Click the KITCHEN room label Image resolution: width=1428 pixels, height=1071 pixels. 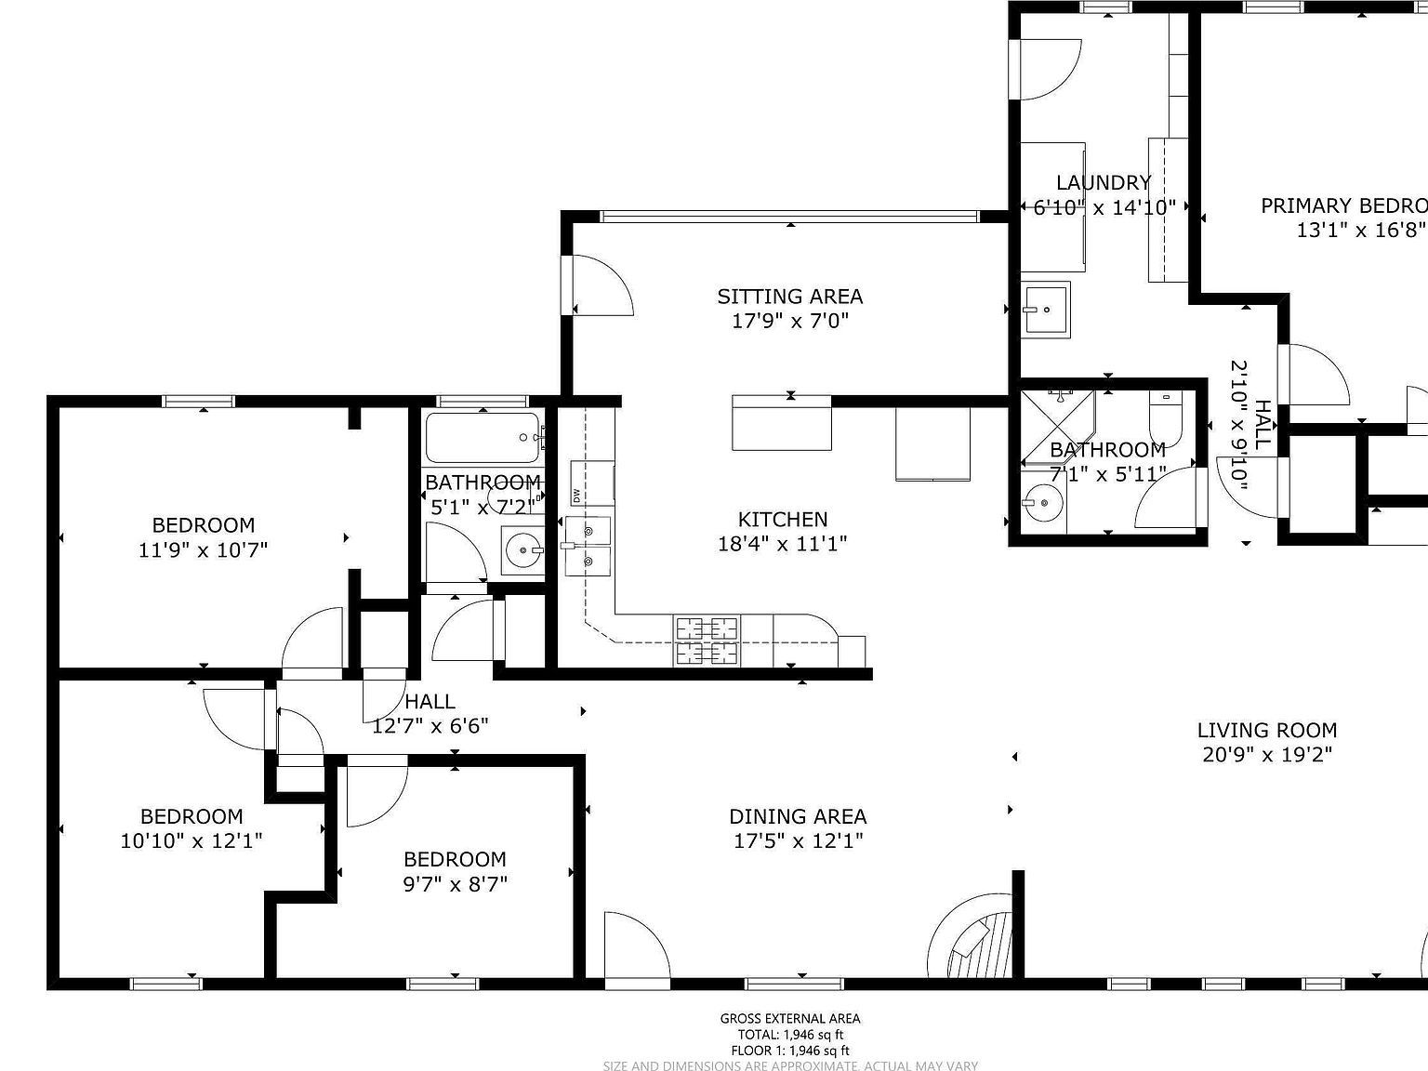(782, 520)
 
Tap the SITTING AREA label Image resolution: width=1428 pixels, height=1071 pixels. (789, 297)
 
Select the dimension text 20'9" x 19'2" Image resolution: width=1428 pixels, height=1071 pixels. (1266, 755)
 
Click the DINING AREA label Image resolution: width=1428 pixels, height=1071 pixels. (798, 816)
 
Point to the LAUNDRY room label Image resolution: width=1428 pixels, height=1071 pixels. (1104, 183)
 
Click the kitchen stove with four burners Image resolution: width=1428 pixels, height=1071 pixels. (707, 641)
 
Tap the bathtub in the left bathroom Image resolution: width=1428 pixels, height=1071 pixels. (482, 437)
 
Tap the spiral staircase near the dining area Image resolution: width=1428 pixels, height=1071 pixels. (974, 941)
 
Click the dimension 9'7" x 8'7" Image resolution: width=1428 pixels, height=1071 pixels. (455, 883)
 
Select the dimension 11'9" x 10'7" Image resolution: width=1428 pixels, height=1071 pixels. (203, 549)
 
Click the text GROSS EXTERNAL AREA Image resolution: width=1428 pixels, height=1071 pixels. (789, 1018)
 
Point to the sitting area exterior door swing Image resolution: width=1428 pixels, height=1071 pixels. (600, 284)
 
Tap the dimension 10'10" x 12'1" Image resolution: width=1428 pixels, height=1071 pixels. (191, 841)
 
